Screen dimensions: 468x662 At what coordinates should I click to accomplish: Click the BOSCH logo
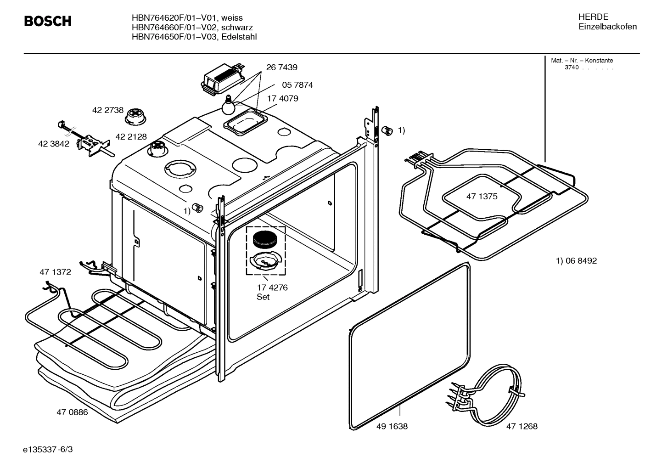pyautogui.click(x=48, y=21)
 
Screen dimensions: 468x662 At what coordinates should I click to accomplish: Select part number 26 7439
pyautogui.click(x=281, y=68)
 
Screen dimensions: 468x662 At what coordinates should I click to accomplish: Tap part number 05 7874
pyautogui.click(x=297, y=85)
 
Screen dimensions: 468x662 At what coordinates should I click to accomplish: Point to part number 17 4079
pyautogui.click(x=282, y=99)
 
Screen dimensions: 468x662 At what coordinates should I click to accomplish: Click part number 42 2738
pyautogui.click(x=108, y=110)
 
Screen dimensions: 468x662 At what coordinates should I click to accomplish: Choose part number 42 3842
pyautogui.click(x=54, y=144)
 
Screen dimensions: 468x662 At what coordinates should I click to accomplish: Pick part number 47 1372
pyautogui.click(x=55, y=272)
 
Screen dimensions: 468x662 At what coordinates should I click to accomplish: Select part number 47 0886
pyautogui.click(x=72, y=412)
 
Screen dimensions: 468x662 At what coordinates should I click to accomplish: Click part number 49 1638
pyautogui.click(x=392, y=426)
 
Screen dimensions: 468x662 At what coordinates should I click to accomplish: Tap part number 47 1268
pyautogui.click(x=522, y=426)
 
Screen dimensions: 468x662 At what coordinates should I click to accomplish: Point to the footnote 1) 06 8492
pyautogui.click(x=576, y=261)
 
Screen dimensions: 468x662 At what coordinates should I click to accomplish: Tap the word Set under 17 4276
pyautogui.click(x=263, y=297)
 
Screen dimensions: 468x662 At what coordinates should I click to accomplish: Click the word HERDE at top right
pyautogui.click(x=593, y=17)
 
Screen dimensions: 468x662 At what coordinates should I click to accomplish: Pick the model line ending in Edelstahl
pyautogui.click(x=194, y=37)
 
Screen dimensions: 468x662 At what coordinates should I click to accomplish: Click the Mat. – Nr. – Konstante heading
pyautogui.click(x=582, y=61)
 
